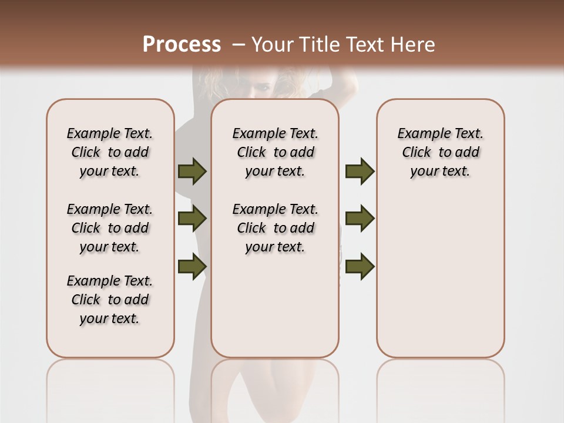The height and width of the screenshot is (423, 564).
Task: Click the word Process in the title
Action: [x=182, y=44]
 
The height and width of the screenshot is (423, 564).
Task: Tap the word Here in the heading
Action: [x=411, y=44]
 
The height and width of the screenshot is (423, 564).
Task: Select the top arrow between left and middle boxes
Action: [x=192, y=171]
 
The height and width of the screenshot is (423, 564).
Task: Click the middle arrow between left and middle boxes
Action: [x=192, y=219]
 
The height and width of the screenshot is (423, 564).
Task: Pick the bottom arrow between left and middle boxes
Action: [x=192, y=266]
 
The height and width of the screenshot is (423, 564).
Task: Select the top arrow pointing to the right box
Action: [x=360, y=171]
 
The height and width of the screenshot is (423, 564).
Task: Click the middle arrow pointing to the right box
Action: [x=360, y=219]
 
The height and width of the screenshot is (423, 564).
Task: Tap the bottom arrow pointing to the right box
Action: [x=360, y=266]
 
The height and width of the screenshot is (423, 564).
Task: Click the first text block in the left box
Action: [x=110, y=152]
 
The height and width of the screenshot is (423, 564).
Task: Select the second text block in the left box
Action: [x=110, y=228]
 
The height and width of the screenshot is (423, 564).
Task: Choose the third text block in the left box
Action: [x=110, y=300]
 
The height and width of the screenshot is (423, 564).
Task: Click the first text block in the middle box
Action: [x=276, y=152]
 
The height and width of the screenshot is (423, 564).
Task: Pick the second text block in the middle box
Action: [x=276, y=228]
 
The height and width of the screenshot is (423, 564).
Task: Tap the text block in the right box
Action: [x=441, y=152]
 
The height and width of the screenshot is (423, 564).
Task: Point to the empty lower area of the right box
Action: [x=441, y=282]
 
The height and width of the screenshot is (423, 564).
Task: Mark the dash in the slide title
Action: [x=239, y=44]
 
